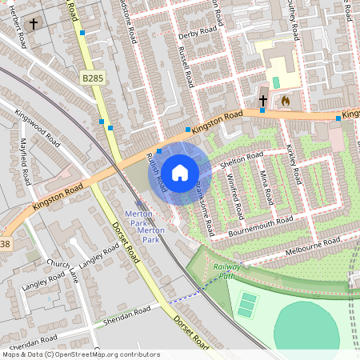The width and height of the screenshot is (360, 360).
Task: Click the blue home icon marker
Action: pos(180,172)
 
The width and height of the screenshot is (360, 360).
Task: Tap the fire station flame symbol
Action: pos(286,102)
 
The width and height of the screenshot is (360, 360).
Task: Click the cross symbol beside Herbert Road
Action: pos(34,24)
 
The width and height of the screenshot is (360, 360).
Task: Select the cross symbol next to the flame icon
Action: pos(263,101)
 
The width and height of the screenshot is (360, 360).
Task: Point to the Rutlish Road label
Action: pos(157,171)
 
